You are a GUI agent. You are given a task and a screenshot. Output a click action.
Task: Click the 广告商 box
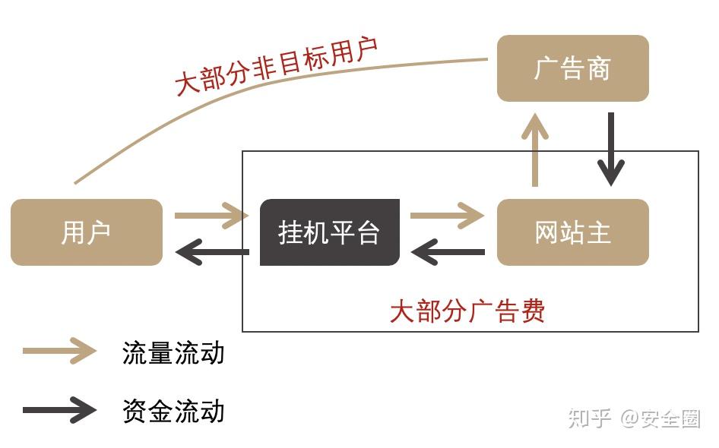(573, 68)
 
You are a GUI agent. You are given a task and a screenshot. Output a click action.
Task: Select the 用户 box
(87, 232)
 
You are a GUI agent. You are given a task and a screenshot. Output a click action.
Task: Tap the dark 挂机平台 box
(330, 232)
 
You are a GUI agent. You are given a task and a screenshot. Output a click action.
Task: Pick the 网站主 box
(573, 232)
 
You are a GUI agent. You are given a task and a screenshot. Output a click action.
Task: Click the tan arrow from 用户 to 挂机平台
(211, 215)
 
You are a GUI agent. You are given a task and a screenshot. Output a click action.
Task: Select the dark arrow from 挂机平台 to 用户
(212, 252)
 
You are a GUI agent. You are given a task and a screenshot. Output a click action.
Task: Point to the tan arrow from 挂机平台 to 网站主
(447, 215)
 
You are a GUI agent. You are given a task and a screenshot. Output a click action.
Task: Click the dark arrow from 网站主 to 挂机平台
(448, 252)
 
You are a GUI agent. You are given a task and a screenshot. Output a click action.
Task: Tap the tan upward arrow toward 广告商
(534, 150)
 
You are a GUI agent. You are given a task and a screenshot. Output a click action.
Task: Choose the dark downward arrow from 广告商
(611, 150)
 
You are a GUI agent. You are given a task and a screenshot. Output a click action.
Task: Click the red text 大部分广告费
(467, 311)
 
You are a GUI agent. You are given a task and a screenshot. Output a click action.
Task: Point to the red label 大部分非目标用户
(277, 66)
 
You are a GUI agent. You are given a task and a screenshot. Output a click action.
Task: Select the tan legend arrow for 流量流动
(59, 351)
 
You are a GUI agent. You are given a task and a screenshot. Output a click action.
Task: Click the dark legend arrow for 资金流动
(59, 409)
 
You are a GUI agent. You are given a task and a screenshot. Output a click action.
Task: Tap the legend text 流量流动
(173, 353)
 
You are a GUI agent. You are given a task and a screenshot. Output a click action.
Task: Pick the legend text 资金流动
(173, 411)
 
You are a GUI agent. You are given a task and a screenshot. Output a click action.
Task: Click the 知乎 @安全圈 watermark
(634, 418)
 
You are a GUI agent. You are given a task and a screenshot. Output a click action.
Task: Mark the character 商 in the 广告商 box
(598, 68)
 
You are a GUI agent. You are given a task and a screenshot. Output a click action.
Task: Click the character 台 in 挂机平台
(368, 232)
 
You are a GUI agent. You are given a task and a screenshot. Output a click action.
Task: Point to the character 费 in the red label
(532, 311)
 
